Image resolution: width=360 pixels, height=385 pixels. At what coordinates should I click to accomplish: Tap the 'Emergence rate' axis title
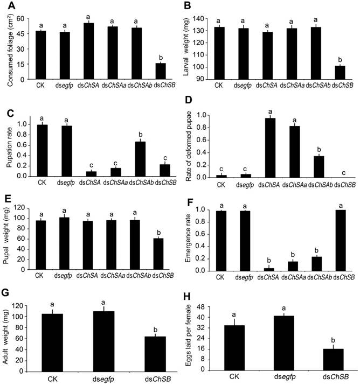tap(190, 240)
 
